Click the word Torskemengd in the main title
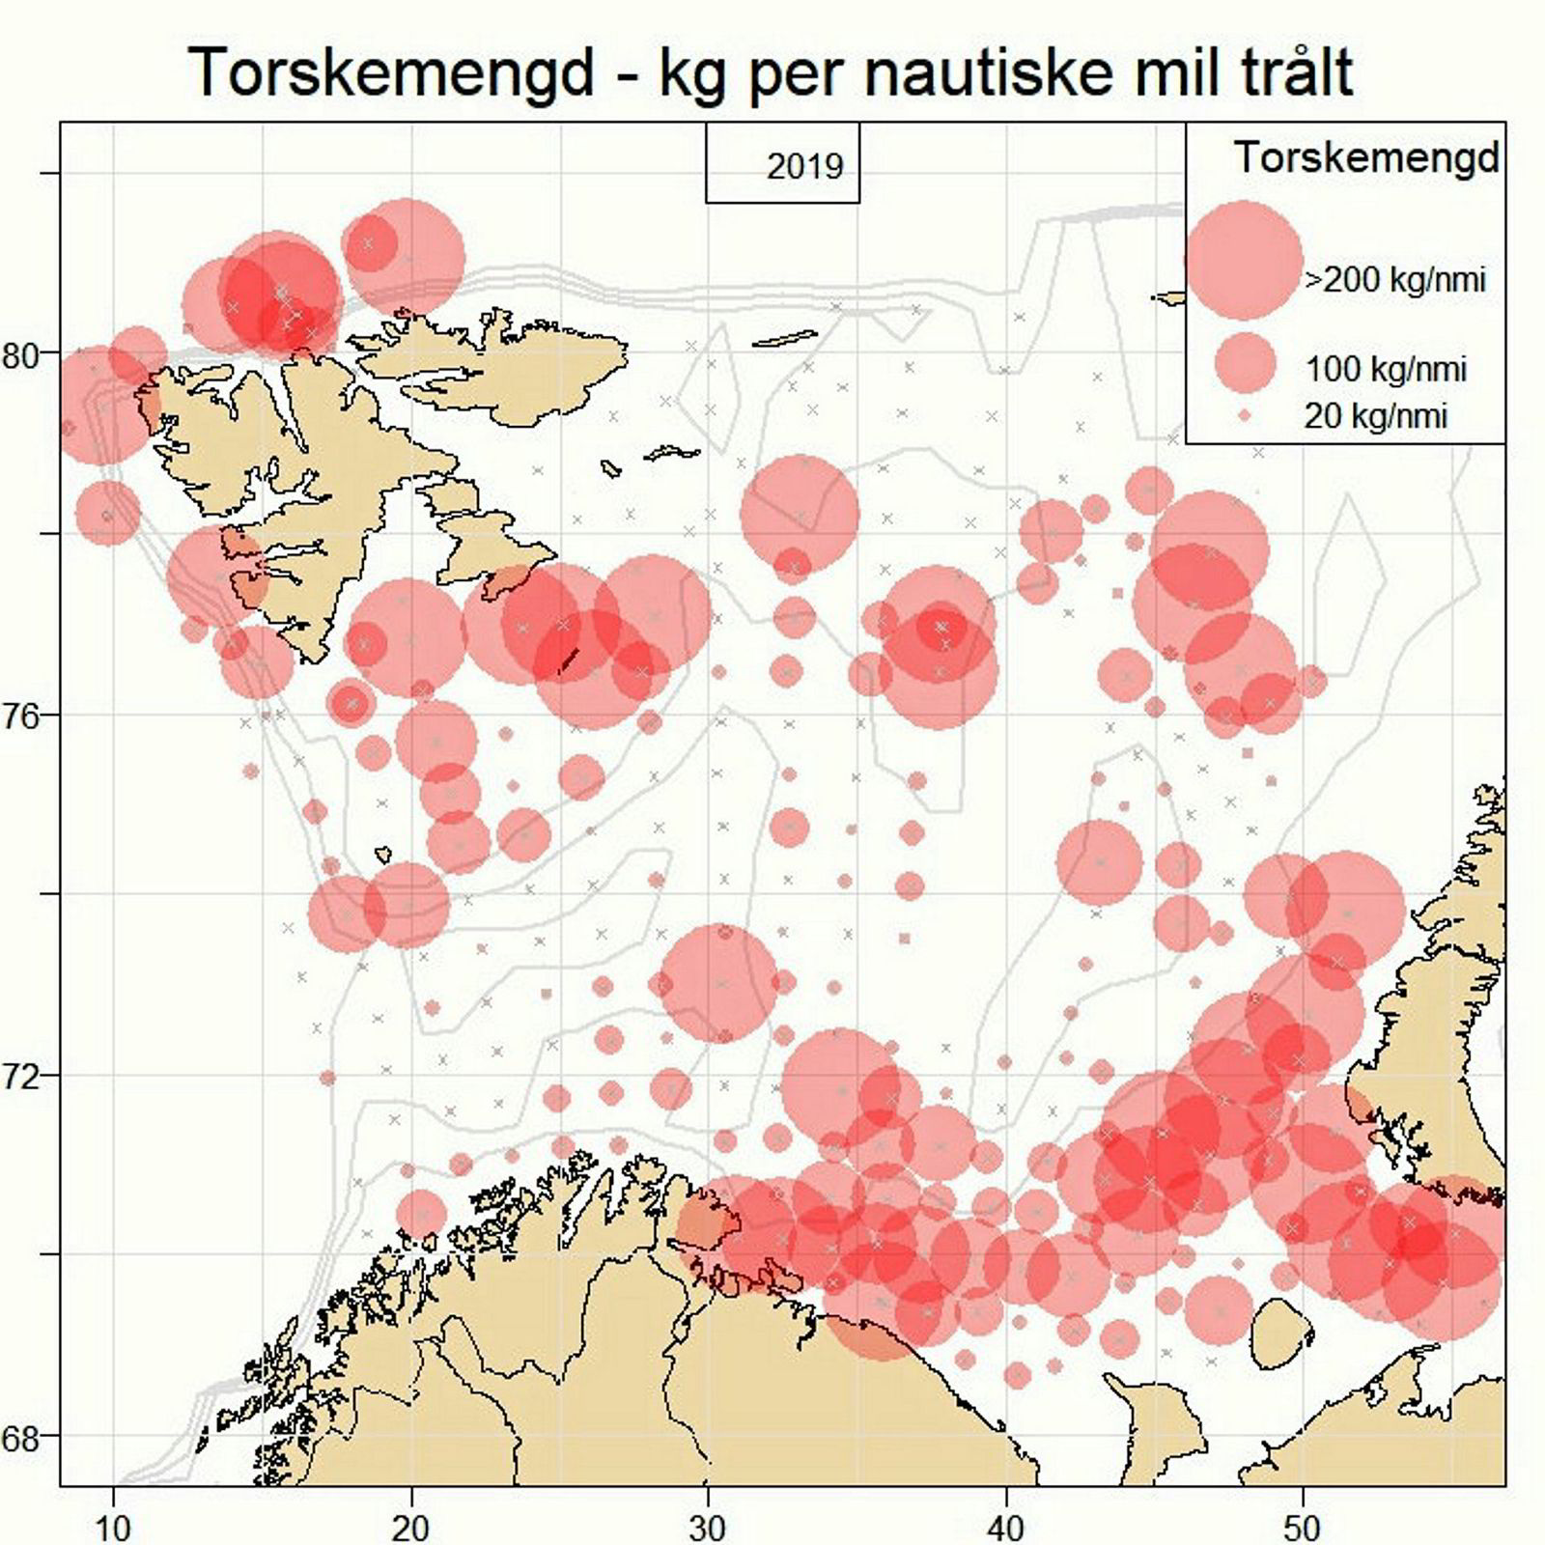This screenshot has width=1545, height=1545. (x=391, y=70)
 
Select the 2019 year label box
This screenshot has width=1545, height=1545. (x=782, y=165)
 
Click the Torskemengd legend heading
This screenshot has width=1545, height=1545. (x=1367, y=157)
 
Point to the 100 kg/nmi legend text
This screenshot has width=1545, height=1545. (x=1386, y=369)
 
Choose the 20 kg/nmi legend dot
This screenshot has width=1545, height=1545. (x=1245, y=416)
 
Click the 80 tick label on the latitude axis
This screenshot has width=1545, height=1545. (x=20, y=355)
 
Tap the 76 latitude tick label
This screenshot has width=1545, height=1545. (x=20, y=716)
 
